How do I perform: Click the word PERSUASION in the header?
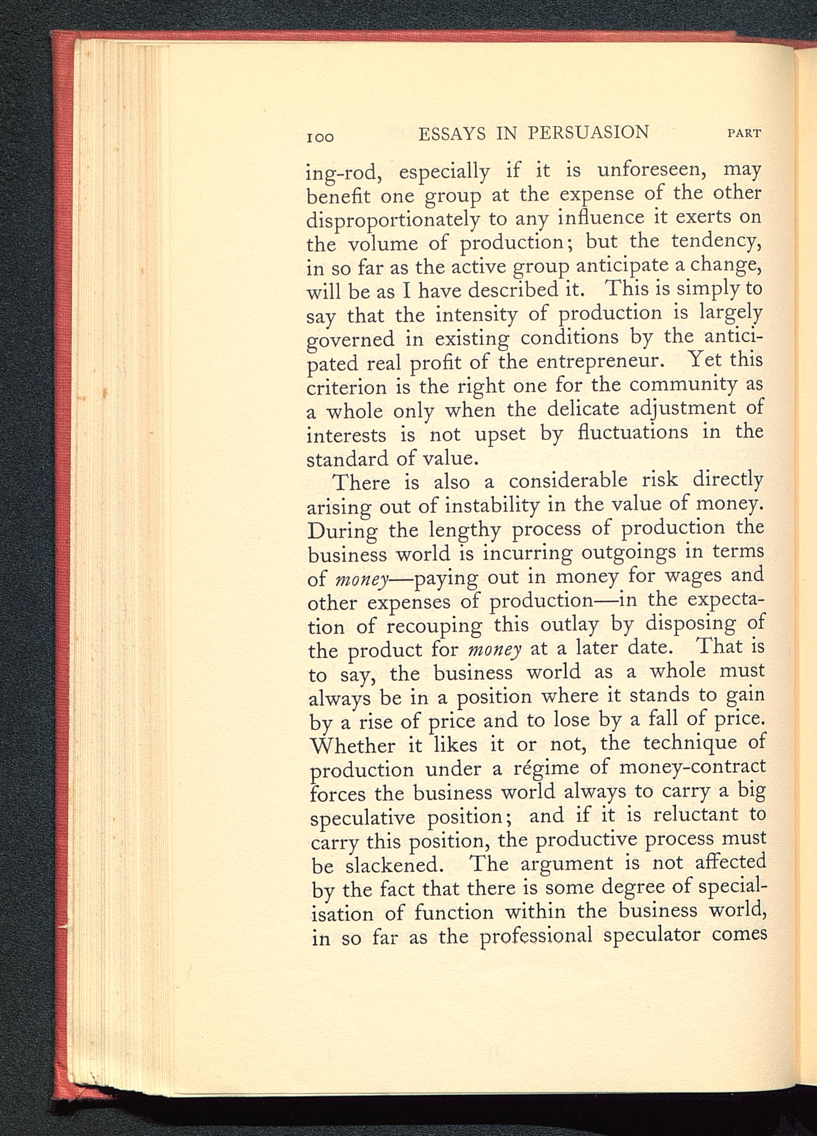pyautogui.click(x=588, y=133)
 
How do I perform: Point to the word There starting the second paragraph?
pyautogui.click(x=362, y=482)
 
